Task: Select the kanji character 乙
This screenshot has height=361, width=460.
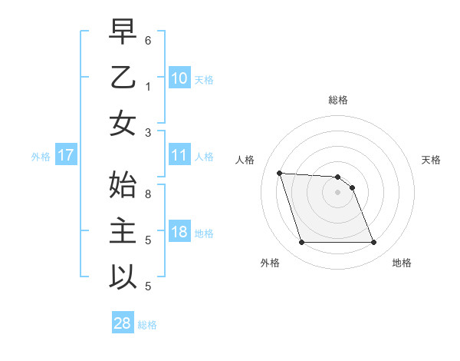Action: click(x=123, y=79)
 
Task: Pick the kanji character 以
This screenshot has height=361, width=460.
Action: click(x=123, y=277)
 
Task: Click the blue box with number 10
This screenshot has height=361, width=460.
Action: click(x=179, y=78)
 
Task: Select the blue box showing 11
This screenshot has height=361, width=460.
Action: click(x=179, y=156)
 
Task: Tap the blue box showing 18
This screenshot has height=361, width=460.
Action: click(x=179, y=233)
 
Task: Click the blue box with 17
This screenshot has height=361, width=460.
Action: click(x=65, y=156)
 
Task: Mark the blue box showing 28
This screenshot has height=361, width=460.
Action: click(x=122, y=323)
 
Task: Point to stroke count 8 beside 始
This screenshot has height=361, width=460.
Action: click(x=148, y=194)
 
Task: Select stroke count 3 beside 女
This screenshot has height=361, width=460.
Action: click(x=148, y=131)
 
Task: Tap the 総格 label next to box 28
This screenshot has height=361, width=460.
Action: click(x=147, y=325)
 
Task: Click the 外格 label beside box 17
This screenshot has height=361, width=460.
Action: click(x=41, y=157)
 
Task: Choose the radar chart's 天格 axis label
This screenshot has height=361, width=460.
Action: click(x=431, y=160)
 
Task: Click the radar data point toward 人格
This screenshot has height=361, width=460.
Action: click(x=280, y=173)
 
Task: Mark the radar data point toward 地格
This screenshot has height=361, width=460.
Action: click(x=373, y=243)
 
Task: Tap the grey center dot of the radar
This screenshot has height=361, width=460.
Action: click(x=337, y=192)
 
